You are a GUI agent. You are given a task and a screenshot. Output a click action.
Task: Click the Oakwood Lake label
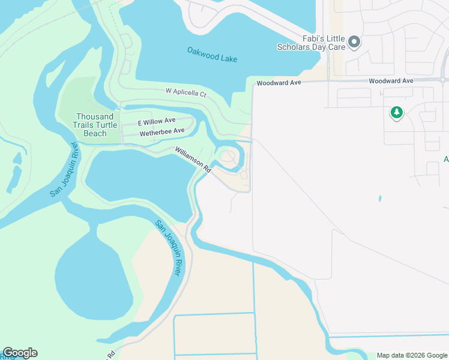[x=212, y=55]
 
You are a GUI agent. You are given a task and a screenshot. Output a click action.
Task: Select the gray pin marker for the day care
[x=354, y=42]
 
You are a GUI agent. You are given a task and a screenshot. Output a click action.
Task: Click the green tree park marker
[x=396, y=112]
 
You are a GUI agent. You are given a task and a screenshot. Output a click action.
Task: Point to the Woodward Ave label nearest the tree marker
[x=391, y=80]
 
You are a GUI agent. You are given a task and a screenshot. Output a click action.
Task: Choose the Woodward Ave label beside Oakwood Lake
[x=279, y=83]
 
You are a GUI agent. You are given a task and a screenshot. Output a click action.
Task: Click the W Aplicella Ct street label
[x=186, y=94]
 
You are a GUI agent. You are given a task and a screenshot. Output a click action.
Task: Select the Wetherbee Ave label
[x=161, y=131]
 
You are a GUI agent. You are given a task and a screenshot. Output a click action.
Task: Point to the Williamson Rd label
[x=193, y=160]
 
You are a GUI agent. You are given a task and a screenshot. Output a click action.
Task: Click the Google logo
[x=20, y=353]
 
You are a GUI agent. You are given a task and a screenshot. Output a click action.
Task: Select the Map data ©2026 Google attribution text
[x=411, y=355]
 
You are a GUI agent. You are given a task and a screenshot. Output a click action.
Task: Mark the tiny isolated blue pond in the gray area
[x=380, y=198]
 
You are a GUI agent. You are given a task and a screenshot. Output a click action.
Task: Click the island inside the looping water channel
[x=228, y=157]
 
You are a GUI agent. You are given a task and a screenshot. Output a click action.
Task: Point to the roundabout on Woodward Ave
[x=443, y=79]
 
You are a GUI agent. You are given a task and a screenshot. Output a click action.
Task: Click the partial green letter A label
[x=445, y=159]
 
